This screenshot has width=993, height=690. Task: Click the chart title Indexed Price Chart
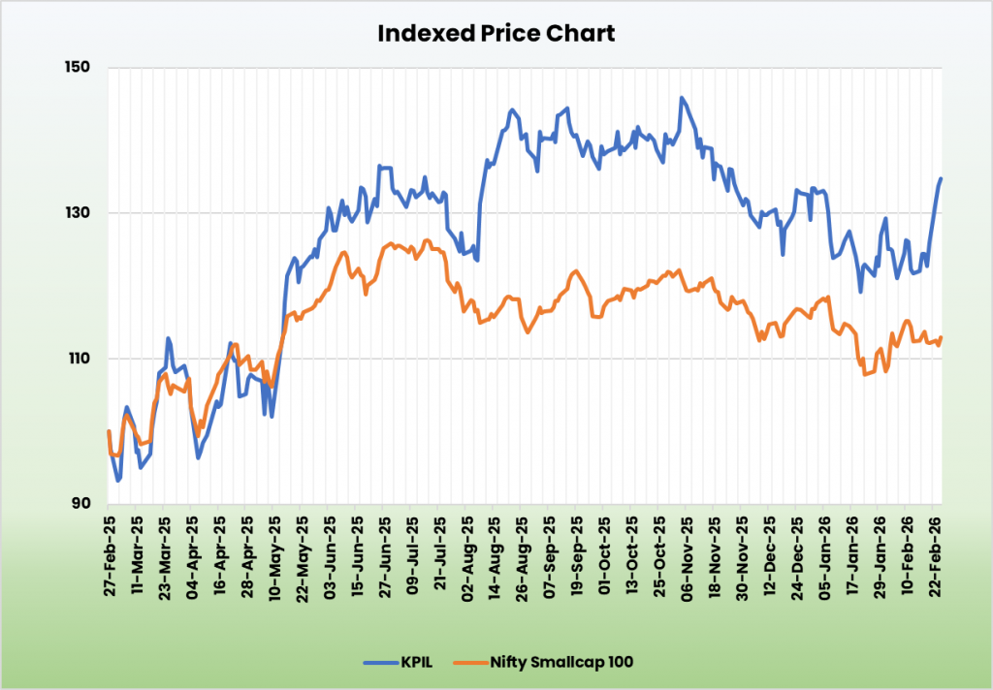coord(496,33)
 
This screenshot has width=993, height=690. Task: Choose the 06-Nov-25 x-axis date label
coord(685,549)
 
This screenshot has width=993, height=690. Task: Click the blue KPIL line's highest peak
coord(682,98)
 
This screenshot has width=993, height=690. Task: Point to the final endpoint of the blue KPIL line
coord(941,178)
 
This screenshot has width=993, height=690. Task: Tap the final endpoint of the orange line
coord(941,337)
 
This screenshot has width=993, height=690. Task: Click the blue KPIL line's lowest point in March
coord(118,480)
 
